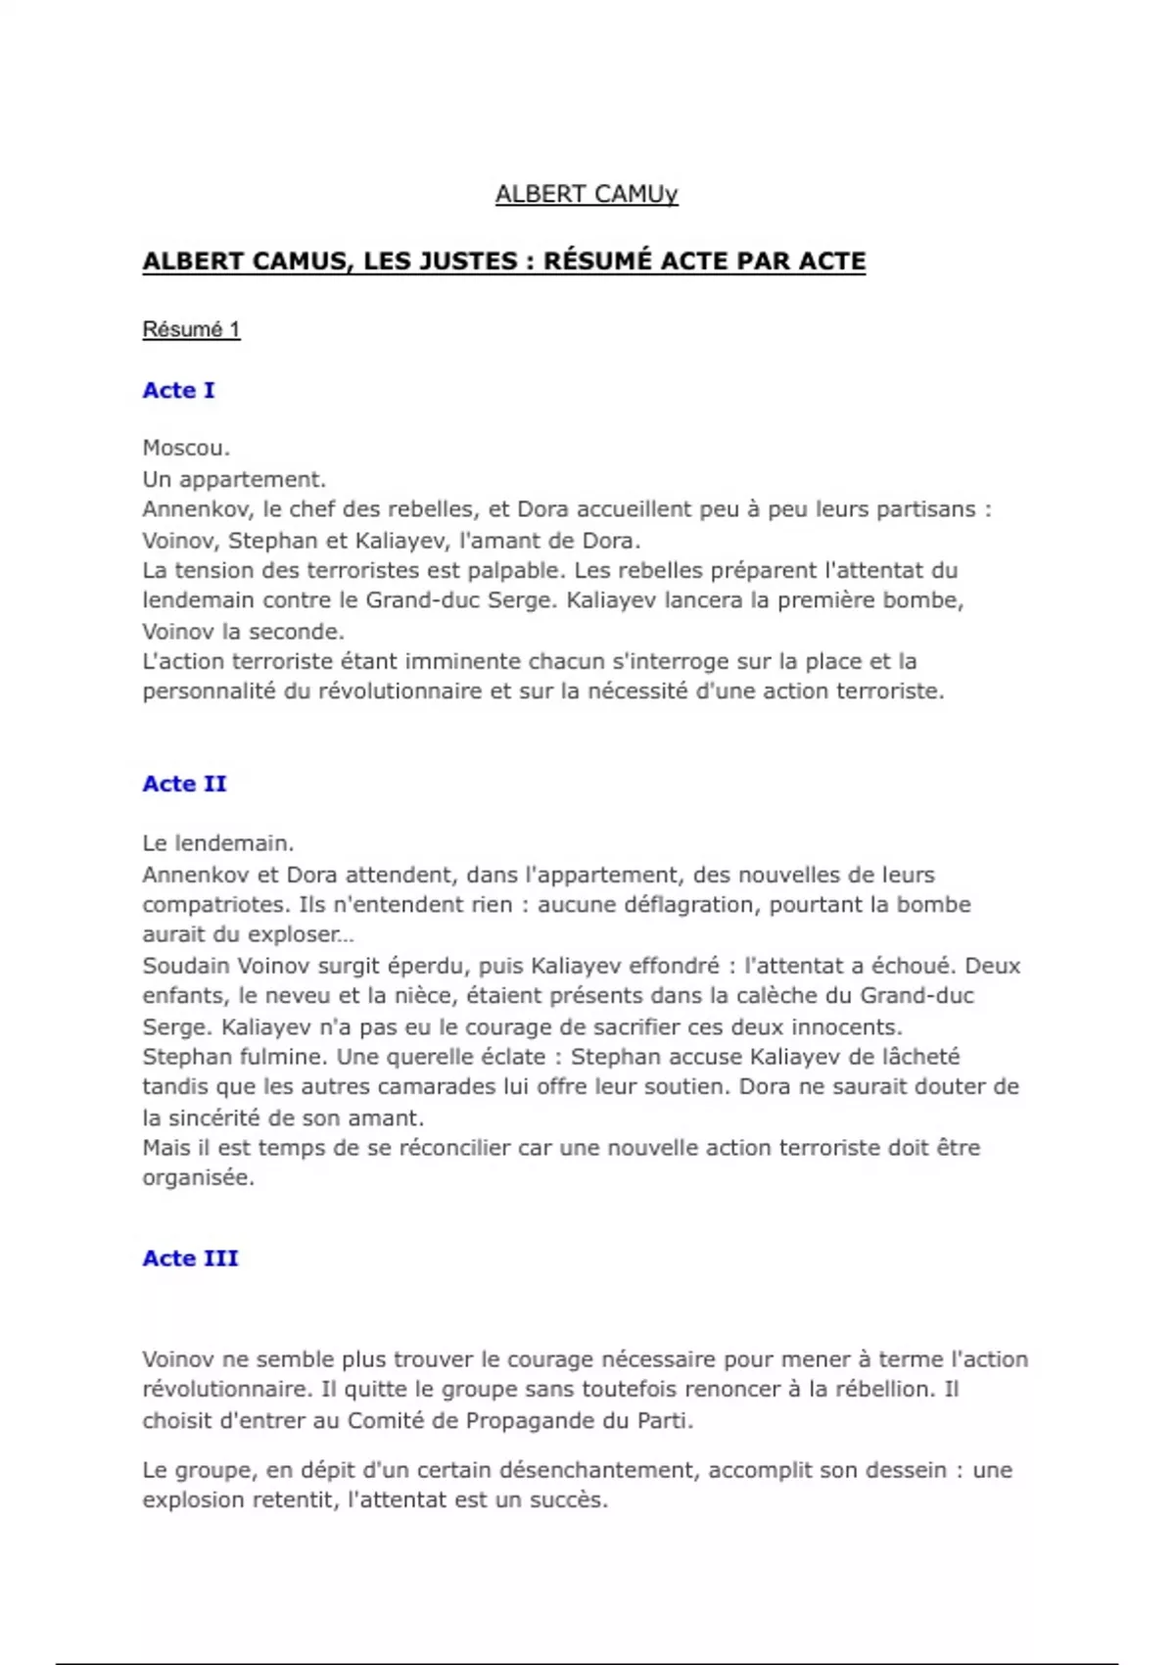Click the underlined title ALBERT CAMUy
tap(586, 194)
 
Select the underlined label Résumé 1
tap(191, 329)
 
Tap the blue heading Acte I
tap(178, 390)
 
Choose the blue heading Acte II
tap(184, 784)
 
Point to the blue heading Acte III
tap(190, 1258)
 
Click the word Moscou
tap(186, 448)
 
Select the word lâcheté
tap(913, 1057)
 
